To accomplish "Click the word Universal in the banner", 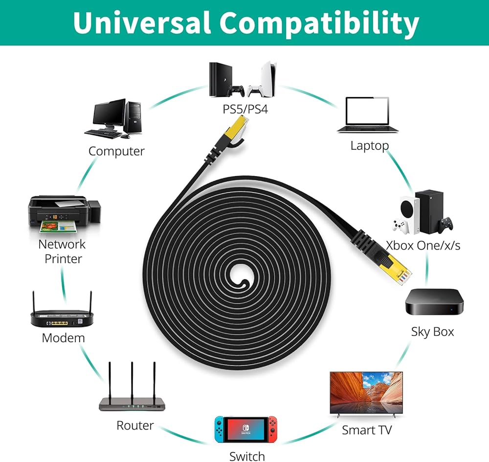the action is pos(142,23).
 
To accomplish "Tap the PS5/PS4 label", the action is pos(245,109).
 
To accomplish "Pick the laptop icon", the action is pos(368,115).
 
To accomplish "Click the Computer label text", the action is pos(117,151).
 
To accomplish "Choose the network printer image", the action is pos(65,214).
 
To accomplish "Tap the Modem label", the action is pos(63,338).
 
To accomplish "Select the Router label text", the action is pos(135,425).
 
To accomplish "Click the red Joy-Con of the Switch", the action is pos(272,429).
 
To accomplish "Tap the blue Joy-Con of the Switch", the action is pos(219,429).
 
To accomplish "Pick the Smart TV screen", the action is pos(366,393).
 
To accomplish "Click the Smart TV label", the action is pos(367,430).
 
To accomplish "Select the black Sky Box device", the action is pos(434,302).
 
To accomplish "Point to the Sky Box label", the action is pos(433,332).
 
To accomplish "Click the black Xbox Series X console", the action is pos(429,211).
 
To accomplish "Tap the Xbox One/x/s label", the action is pos(423,246).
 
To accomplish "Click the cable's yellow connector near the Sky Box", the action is pos(395,269).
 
